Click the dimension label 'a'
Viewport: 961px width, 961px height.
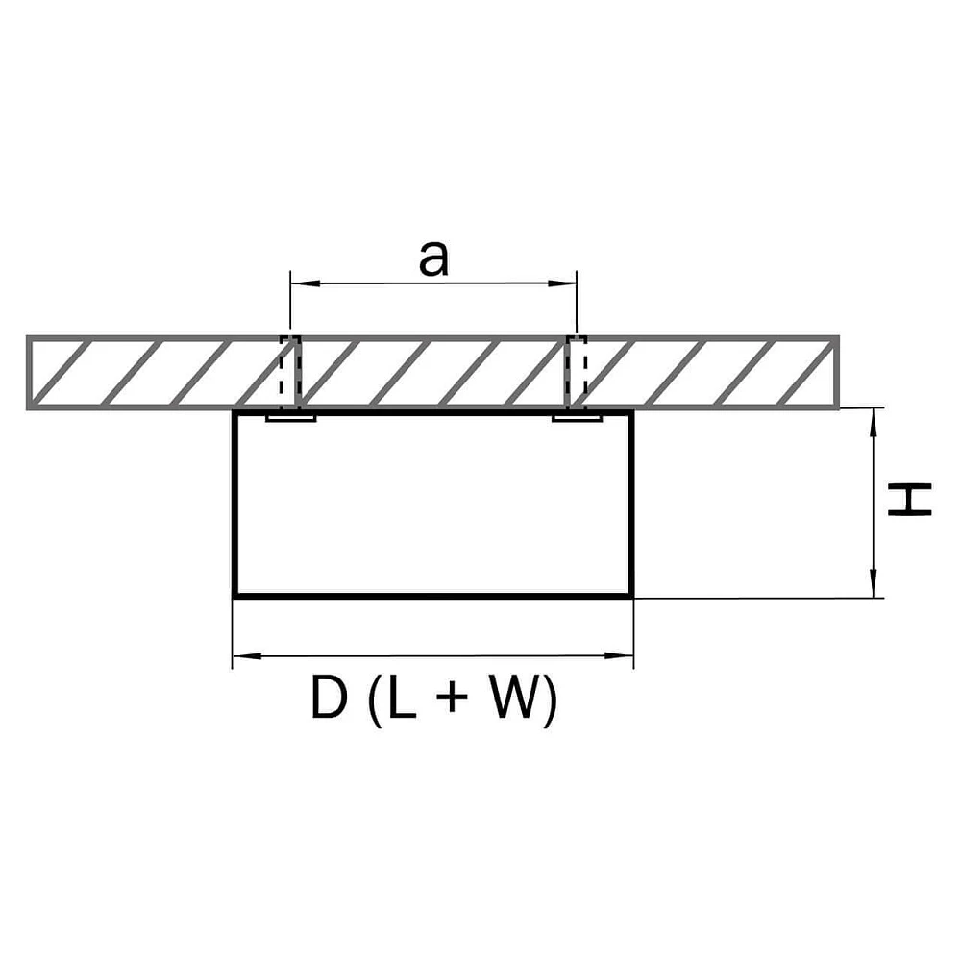(433, 259)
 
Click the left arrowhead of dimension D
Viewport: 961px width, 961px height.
(243, 657)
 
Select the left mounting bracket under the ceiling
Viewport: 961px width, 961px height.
(290, 419)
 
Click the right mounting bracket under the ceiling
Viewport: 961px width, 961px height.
(577, 419)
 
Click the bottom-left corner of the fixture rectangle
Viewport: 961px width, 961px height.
(235, 596)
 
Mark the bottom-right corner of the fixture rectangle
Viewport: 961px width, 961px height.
(631, 596)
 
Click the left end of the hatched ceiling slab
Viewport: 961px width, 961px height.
(29, 373)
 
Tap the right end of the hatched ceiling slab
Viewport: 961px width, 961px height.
(836, 373)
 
